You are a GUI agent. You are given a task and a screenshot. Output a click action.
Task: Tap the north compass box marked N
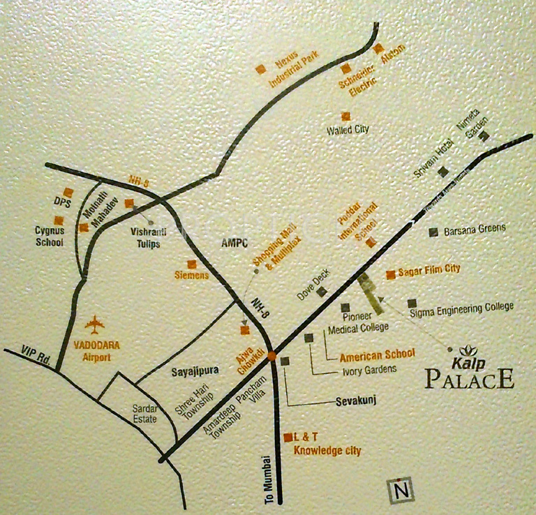[401, 491]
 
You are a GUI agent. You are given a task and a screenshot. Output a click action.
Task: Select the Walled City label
[348, 130]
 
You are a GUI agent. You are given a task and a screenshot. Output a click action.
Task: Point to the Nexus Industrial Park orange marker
[260, 68]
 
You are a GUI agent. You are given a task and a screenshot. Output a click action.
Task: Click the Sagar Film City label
[429, 269]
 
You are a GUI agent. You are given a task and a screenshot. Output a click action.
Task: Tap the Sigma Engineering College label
[462, 306]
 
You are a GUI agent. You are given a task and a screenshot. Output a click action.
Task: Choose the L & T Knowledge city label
[327, 445]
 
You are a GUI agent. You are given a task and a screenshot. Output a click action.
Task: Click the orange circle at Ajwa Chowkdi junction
[271, 356]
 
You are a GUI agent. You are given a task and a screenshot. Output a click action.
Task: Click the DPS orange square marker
[68, 191]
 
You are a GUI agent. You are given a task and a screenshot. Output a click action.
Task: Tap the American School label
[377, 354]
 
